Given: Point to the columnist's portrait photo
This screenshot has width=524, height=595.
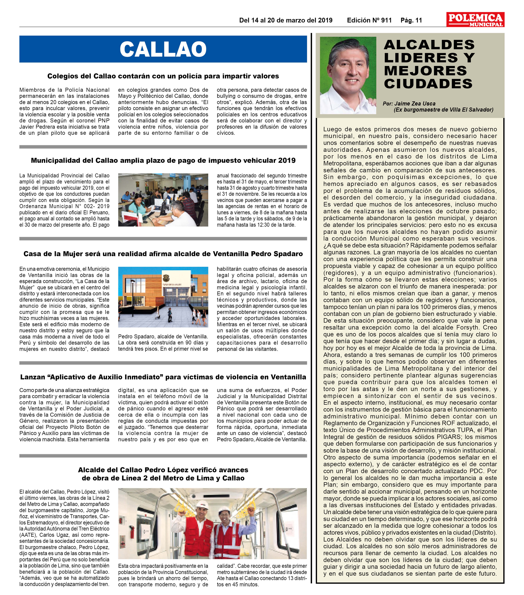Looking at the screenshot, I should (348, 75).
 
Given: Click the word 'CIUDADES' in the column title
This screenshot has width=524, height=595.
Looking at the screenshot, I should (428, 84).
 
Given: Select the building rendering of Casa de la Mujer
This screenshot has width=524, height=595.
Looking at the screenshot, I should (163, 297).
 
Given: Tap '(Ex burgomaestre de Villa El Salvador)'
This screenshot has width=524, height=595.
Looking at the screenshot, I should (443, 110).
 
